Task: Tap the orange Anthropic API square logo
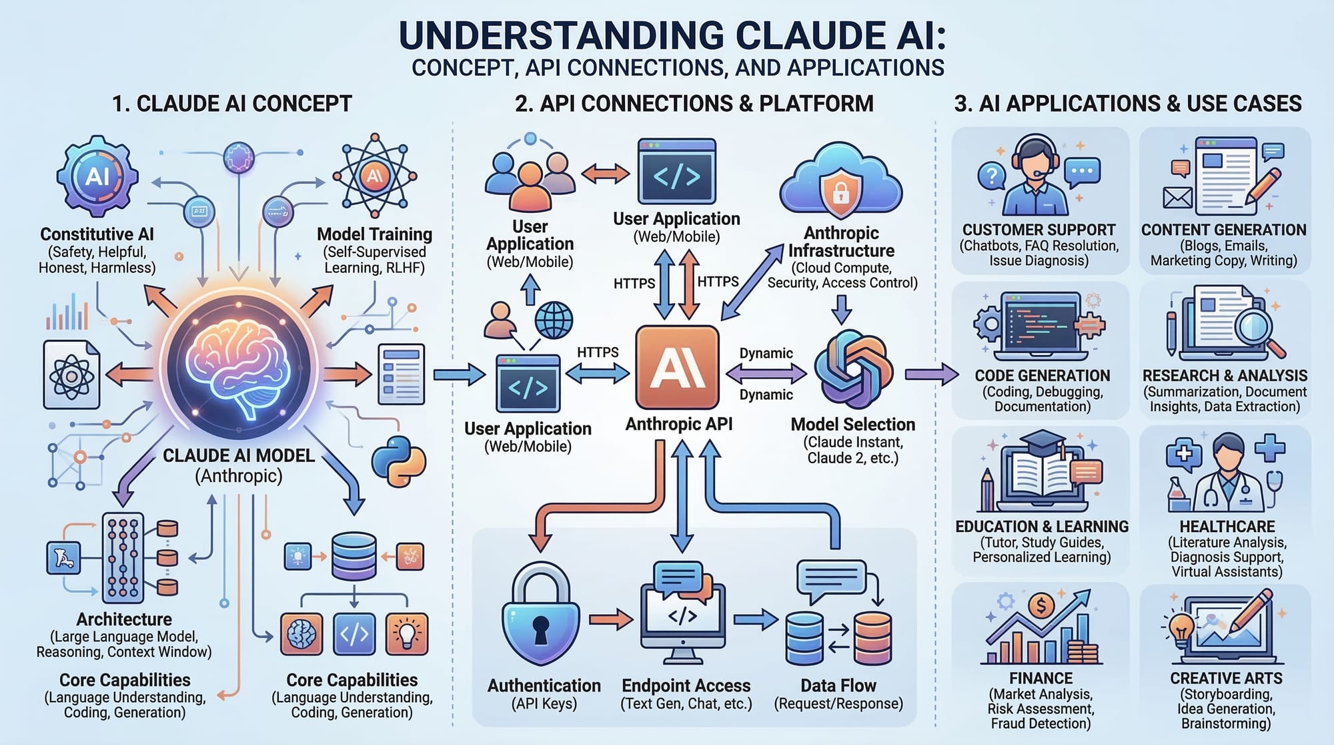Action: tap(677, 367)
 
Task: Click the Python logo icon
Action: tap(398, 461)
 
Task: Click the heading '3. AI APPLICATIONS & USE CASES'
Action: tap(1127, 103)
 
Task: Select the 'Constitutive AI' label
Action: tap(97, 234)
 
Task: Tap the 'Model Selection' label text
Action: tap(852, 425)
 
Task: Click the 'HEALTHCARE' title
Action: tap(1227, 527)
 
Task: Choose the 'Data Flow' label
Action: tap(838, 686)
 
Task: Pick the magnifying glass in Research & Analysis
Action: tap(1255, 327)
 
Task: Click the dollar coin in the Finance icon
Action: tap(1041, 606)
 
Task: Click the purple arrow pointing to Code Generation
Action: tap(931, 374)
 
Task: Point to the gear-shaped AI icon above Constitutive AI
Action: tap(97, 176)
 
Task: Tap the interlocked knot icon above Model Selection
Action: tap(853, 369)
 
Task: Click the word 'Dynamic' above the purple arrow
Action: tap(766, 353)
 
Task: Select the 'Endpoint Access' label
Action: tap(686, 686)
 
